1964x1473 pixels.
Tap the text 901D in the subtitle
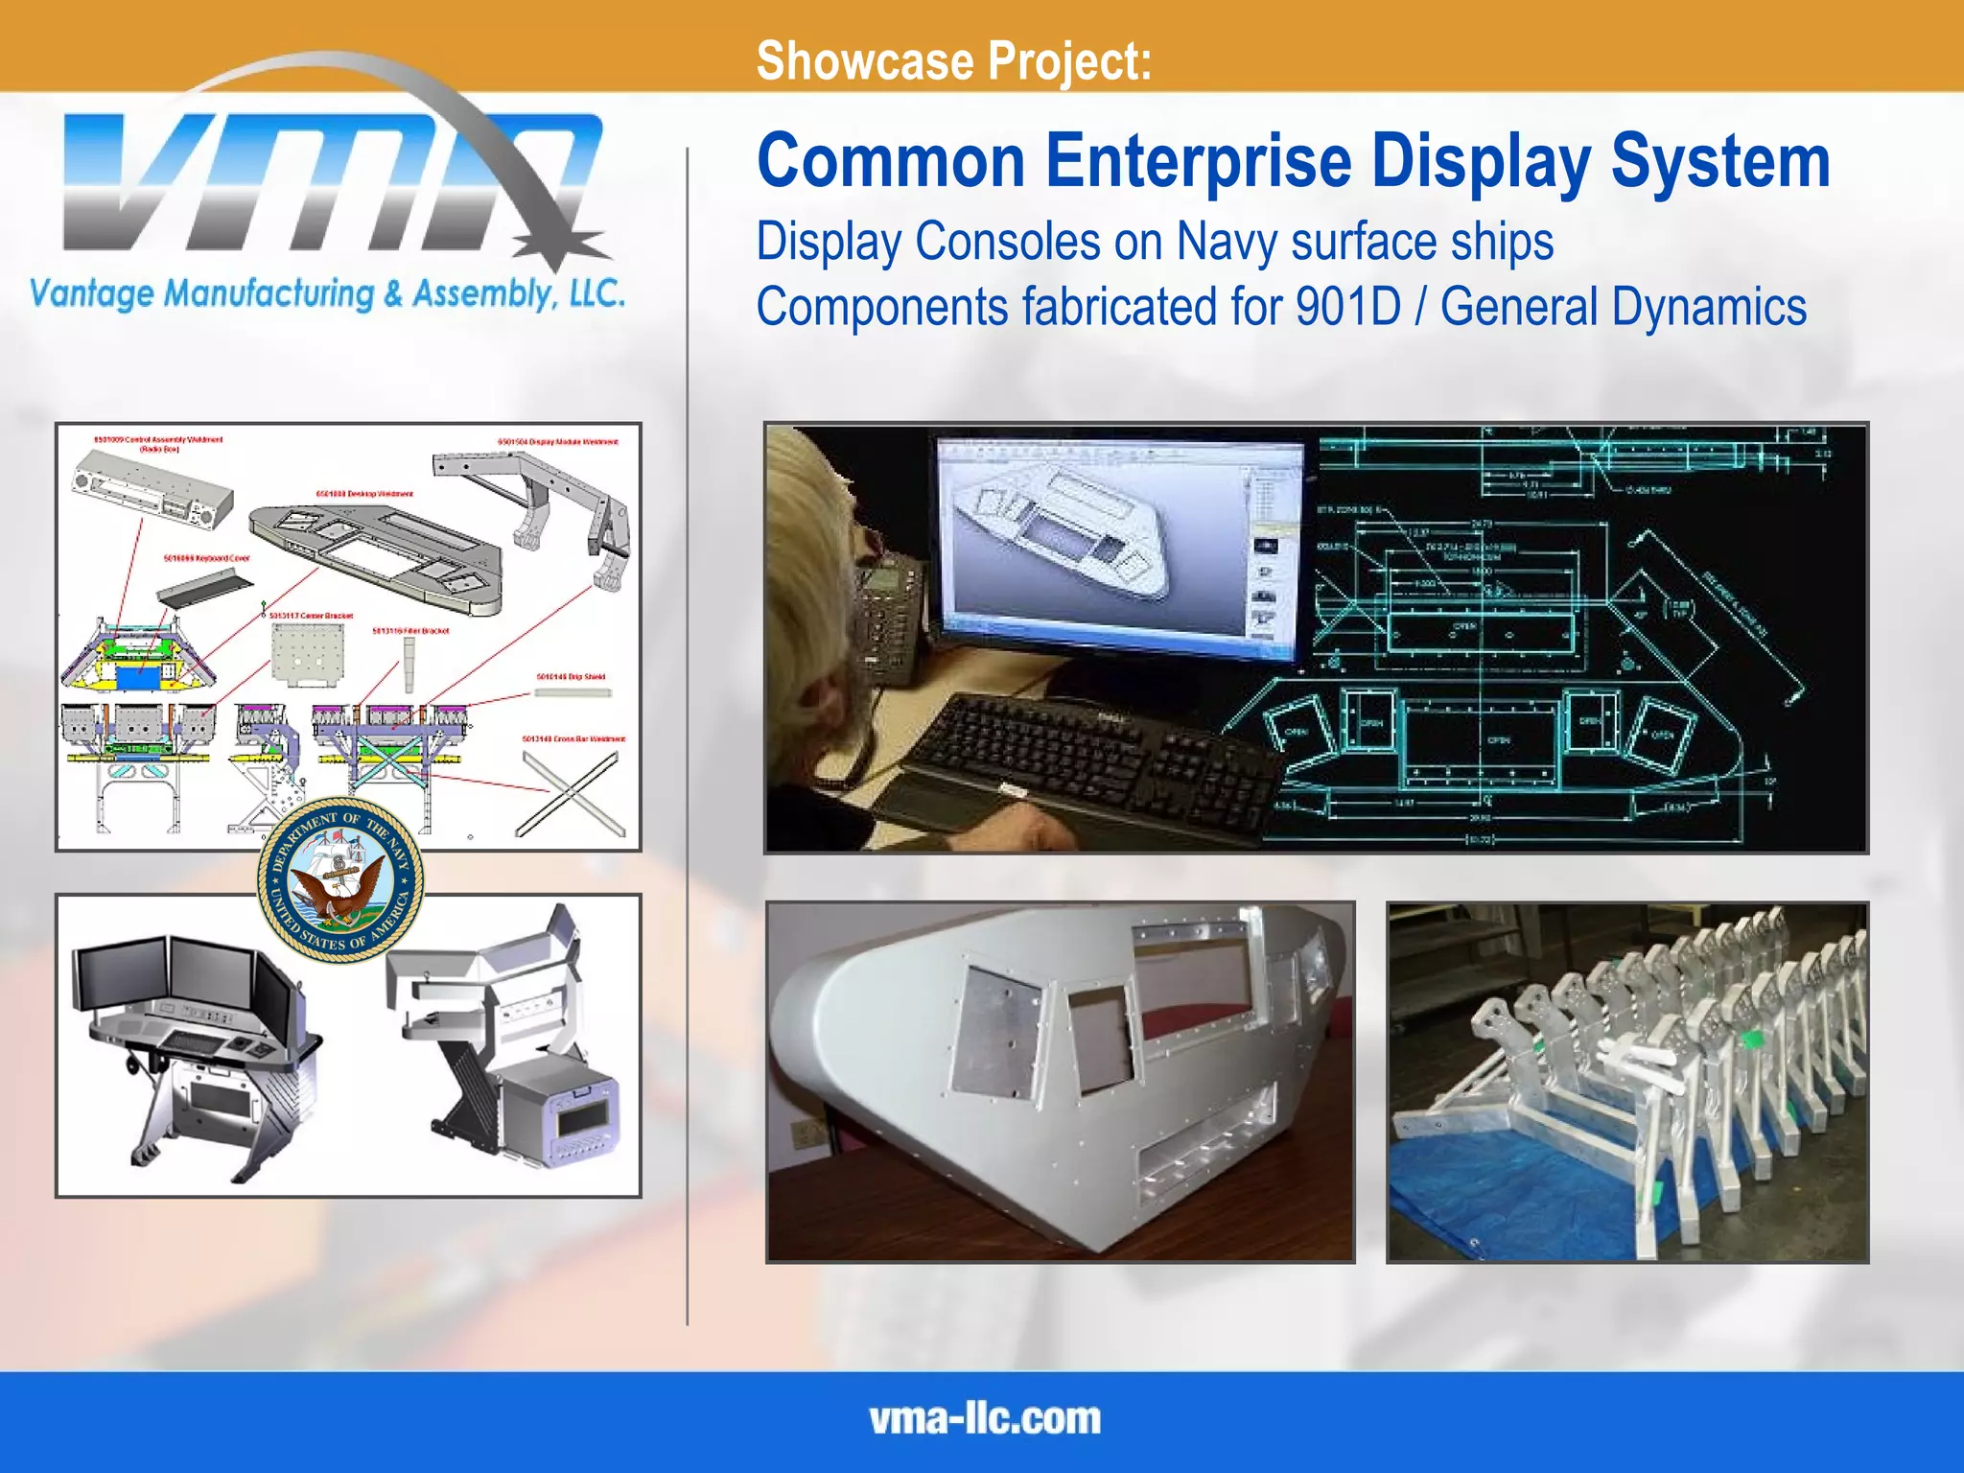pos(1348,307)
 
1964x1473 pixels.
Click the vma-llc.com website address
pos(985,1419)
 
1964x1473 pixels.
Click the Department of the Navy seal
pos(339,880)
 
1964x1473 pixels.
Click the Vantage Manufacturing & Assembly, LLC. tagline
pos(327,293)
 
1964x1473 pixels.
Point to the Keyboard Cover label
pos(206,558)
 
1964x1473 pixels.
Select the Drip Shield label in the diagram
pos(571,677)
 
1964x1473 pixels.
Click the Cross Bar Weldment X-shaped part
pos(570,794)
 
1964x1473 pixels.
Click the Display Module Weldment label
pos(557,442)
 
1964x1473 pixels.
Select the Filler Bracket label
pos(410,631)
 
